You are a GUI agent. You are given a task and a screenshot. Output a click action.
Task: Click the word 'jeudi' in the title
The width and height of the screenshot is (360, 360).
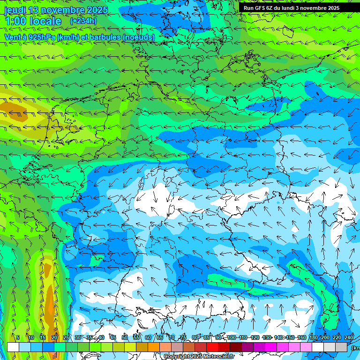coord(15,10)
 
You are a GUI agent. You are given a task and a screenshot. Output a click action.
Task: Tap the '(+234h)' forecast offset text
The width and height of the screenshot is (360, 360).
coord(83,21)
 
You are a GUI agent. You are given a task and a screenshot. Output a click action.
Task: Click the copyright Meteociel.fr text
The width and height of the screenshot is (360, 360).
coord(199,357)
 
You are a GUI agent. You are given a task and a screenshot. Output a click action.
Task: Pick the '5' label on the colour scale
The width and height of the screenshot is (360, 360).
coord(18,337)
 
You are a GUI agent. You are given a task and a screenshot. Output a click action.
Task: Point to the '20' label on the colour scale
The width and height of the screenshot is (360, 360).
coord(54,337)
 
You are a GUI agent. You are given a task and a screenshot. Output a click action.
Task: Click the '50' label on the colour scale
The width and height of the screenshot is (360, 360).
coord(125,337)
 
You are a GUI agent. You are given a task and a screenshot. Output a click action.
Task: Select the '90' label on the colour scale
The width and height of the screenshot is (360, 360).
coord(218,337)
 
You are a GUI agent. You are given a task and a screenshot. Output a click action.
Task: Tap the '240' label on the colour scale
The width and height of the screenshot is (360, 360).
coord(349,337)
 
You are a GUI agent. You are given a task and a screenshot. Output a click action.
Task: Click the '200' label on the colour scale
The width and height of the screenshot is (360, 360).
coord(325,337)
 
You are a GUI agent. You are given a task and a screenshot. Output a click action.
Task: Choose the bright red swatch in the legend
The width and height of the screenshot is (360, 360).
coord(212,347)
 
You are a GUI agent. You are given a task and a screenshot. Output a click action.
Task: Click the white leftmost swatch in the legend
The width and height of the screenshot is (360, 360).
coord(13,347)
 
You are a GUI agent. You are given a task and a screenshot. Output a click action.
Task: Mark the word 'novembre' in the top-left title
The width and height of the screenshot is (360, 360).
coord(63,10)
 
